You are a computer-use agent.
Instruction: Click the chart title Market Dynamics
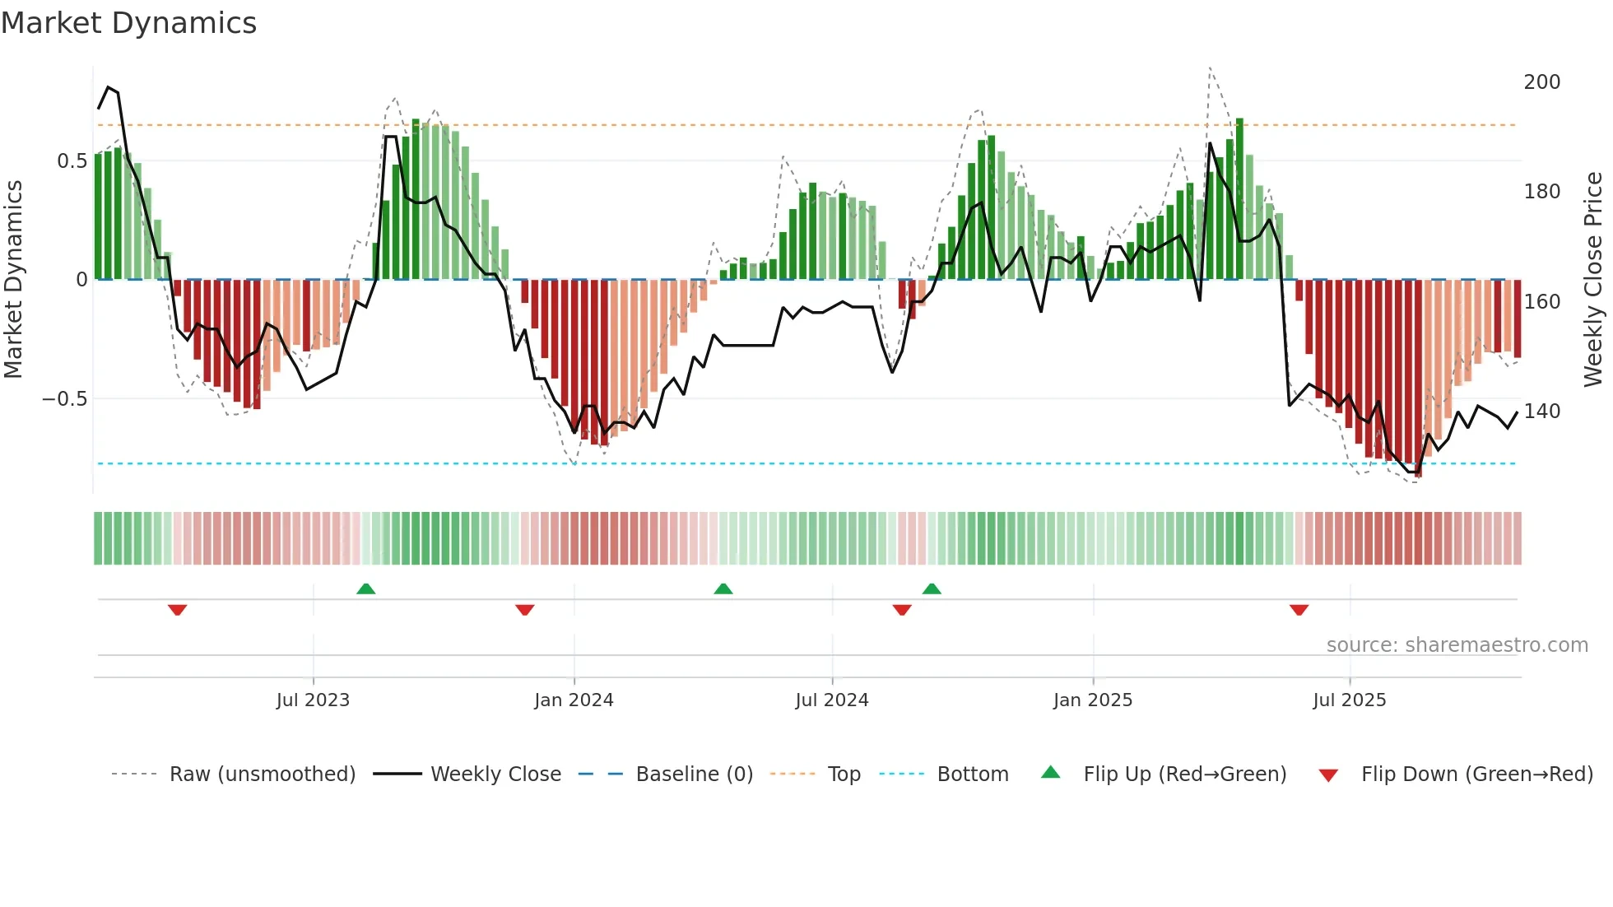(x=128, y=23)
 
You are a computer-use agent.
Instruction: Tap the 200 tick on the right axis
(x=1541, y=82)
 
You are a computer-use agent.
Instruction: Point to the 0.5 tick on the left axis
(x=72, y=161)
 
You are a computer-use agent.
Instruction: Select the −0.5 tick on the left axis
(x=65, y=399)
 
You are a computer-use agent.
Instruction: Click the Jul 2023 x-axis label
(x=313, y=700)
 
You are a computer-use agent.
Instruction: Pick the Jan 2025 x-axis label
(x=1092, y=700)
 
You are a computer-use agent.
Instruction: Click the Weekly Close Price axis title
(x=1593, y=280)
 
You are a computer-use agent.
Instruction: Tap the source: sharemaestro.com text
(x=1457, y=645)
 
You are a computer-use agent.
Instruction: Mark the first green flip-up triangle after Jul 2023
(x=366, y=589)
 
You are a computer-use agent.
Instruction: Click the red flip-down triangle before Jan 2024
(x=525, y=610)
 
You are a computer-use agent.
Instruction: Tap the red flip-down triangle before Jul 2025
(x=1299, y=610)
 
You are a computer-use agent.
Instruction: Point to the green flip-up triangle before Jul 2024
(x=723, y=589)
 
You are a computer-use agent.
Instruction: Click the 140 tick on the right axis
(x=1541, y=412)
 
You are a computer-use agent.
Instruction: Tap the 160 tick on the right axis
(x=1541, y=302)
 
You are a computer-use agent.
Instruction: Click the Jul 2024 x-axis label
(x=831, y=700)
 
